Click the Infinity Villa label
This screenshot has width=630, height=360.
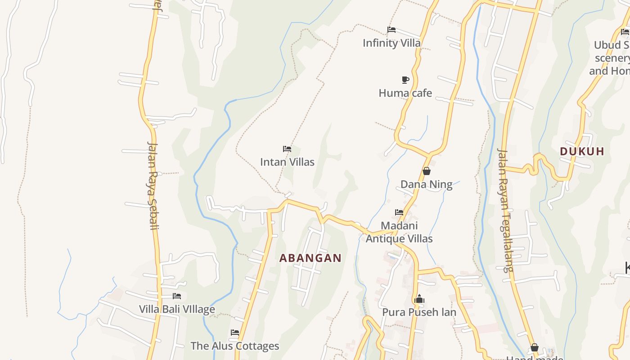point(391,43)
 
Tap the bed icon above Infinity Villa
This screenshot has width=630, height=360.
point(391,30)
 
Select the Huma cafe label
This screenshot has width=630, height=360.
point(405,93)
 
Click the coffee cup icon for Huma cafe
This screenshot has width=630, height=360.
point(405,80)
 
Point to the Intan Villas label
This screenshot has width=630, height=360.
point(287,162)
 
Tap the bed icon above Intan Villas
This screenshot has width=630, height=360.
point(287,149)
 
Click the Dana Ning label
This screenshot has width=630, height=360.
point(426,184)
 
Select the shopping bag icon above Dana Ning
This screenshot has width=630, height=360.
point(427,171)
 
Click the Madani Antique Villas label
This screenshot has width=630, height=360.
point(399,232)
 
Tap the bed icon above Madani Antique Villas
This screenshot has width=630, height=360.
point(399,212)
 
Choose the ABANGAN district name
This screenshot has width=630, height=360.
point(310,258)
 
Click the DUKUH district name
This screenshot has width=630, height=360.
point(582,152)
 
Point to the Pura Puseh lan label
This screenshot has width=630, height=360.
point(419,312)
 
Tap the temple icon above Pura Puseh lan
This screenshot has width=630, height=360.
point(419,299)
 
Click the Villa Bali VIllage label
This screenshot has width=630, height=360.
point(177,310)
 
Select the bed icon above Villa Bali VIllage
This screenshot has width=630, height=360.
point(177,296)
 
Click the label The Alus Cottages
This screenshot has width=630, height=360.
point(234,346)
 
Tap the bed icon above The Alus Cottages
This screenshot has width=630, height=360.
point(235,333)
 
